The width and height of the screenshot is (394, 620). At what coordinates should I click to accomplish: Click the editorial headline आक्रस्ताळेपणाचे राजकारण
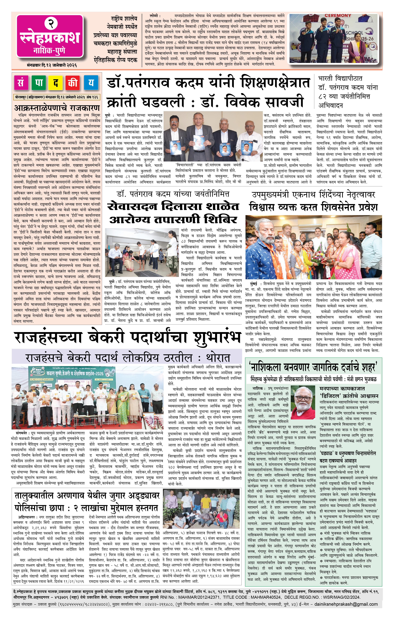[57, 107]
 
